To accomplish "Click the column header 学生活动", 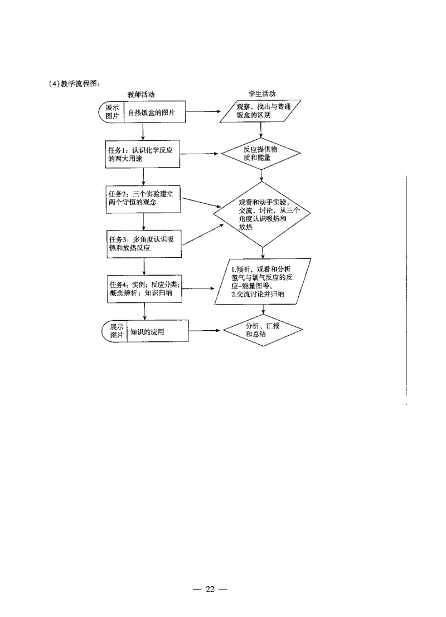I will pyautogui.click(x=261, y=95).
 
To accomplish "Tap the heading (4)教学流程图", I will pyautogui.click(x=74, y=84).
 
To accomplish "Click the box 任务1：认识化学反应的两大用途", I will pyautogui.click(x=144, y=154).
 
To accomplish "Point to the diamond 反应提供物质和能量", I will pyautogui.click(x=261, y=154).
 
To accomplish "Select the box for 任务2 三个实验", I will pyautogui.click(x=144, y=198).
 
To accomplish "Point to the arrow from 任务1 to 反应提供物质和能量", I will pyautogui.click(x=201, y=154).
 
